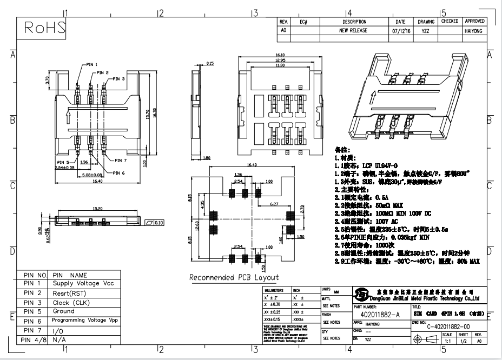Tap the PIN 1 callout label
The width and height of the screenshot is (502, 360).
89,64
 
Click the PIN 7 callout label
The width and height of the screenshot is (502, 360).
120,161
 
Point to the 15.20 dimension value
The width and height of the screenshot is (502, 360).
98,208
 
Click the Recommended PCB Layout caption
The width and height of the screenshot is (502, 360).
234,277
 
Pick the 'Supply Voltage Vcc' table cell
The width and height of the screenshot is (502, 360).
83,283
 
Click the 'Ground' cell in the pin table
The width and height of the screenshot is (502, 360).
64,311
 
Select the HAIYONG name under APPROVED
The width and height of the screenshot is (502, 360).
474,31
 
